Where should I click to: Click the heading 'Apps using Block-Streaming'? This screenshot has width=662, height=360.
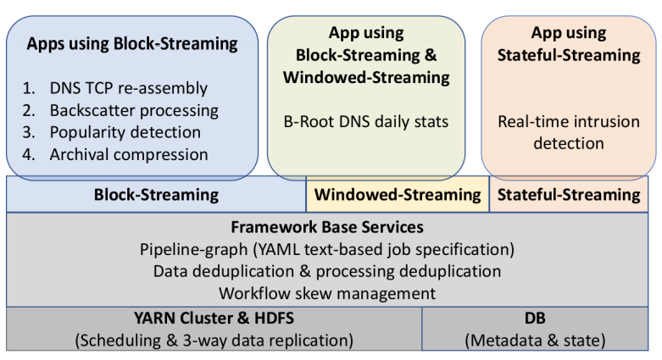tap(132, 44)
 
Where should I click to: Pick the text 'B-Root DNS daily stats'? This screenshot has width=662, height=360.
tap(366, 121)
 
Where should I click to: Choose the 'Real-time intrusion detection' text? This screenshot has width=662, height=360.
tap(569, 132)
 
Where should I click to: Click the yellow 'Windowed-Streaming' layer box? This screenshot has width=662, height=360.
tap(398, 195)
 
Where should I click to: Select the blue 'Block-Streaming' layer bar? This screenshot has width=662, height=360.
tap(156, 195)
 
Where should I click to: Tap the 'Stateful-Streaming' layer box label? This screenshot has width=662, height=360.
tap(569, 195)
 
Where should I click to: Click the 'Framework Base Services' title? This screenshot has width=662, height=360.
tap(327, 227)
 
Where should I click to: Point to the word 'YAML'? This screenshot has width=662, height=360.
tap(279, 249)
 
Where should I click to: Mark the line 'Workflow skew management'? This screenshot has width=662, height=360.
tap(327, 293)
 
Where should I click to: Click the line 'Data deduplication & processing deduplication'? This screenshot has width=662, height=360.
tap(327, 271)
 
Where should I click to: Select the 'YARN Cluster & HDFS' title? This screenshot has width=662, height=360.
tap(214, 318)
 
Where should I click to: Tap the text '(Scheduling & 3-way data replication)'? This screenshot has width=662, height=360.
tap(214, 341)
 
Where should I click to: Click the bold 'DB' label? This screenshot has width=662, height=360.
tap(535, 318)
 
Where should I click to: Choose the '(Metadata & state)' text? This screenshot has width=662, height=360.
tap(535, 341)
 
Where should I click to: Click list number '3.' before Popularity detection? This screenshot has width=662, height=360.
tap(29, 132)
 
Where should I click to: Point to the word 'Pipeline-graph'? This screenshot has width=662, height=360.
tap(194, 249)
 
